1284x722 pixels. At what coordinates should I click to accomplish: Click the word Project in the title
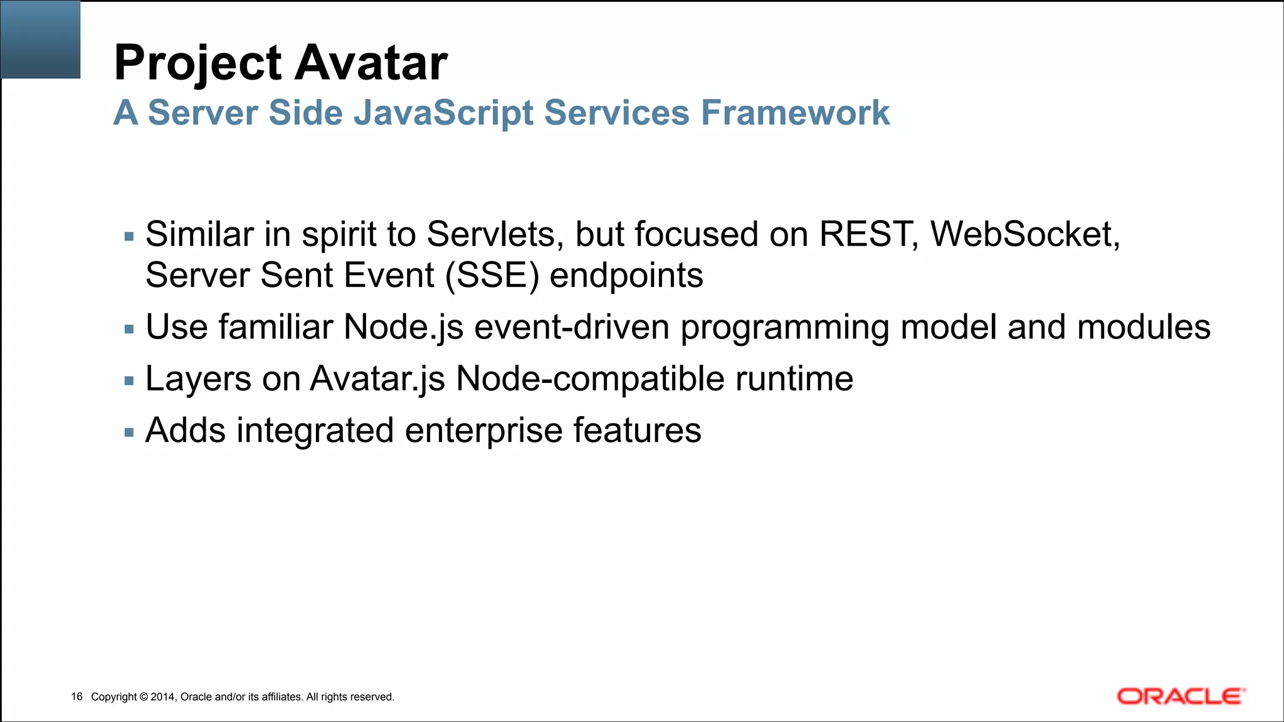198,63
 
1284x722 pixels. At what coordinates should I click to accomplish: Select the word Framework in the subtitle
795,113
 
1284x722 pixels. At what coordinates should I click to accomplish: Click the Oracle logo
1181,696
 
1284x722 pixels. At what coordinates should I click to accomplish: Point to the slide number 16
76,697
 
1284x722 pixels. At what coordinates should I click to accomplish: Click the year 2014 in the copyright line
163,697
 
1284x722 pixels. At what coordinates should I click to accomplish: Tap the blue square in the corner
40,39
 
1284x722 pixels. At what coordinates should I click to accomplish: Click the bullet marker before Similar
129,237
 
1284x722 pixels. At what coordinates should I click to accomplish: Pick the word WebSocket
1024,234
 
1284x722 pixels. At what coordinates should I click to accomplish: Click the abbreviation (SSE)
492,276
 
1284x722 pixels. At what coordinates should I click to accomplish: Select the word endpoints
626,276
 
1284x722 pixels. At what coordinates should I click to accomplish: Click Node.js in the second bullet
403,327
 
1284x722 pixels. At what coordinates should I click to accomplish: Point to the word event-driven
572,327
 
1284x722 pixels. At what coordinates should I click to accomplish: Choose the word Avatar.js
377,379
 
